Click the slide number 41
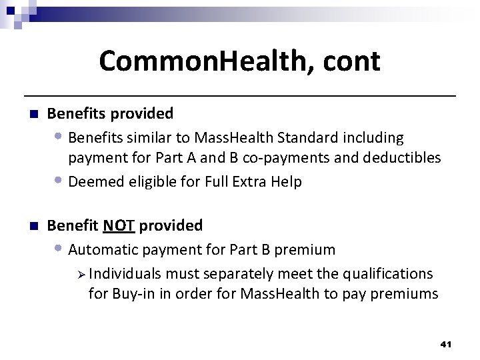[x=446, y=345]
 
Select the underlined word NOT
[x=119, y=225]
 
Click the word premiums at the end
[x=407, y=294]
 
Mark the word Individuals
[x=125, y=274]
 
